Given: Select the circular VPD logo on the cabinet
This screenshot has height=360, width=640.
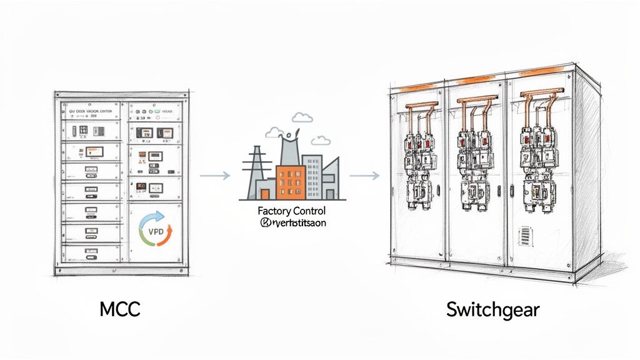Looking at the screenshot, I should tap(155, 230).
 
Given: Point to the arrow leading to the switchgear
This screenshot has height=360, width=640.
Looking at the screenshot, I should tap(364, 176).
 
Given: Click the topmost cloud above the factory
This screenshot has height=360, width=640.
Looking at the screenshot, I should tap(302, 117).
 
